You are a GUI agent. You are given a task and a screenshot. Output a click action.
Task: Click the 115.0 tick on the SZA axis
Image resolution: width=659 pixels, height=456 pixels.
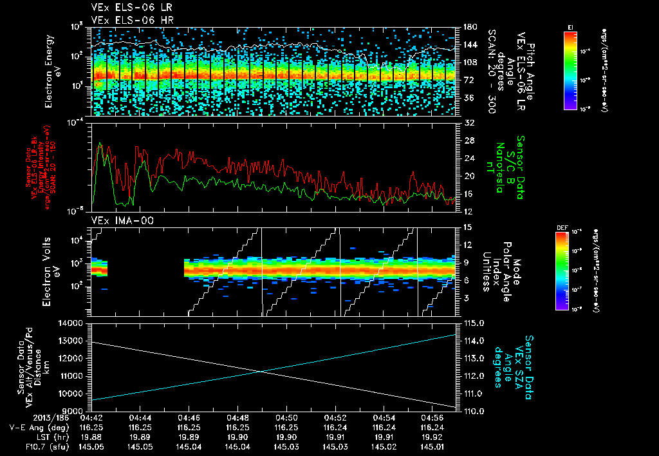[x=472, y=323]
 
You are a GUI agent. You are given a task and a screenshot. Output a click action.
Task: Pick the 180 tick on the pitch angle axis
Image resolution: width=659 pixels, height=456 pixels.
[x=469, y=27]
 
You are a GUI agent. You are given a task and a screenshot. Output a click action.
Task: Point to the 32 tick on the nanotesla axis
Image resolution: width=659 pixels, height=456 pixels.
[x=467, y=122]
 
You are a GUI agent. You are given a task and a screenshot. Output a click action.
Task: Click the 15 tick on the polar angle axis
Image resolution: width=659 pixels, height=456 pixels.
[x=467, y=227]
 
